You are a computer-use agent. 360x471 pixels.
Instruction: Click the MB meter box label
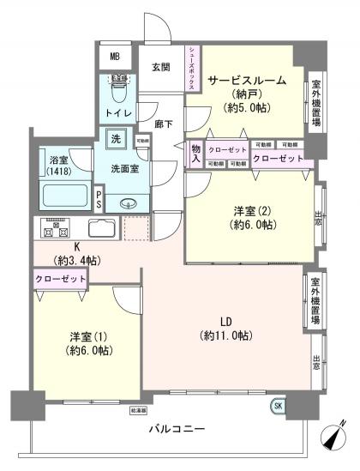pyautogui.click(x=116, y=57)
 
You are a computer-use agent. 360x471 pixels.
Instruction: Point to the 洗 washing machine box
pyautogui.click(x=115, y=137)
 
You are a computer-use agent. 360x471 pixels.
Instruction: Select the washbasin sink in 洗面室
pyautogui.click(x=129, y=202)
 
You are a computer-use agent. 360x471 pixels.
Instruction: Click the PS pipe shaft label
pyautogui.click(x=99, y=201)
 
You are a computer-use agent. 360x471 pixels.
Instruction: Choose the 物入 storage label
pyautogui.click(x=195, y=154)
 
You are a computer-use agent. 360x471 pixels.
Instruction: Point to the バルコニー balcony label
pyautogui.click(x=177, y=428)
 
